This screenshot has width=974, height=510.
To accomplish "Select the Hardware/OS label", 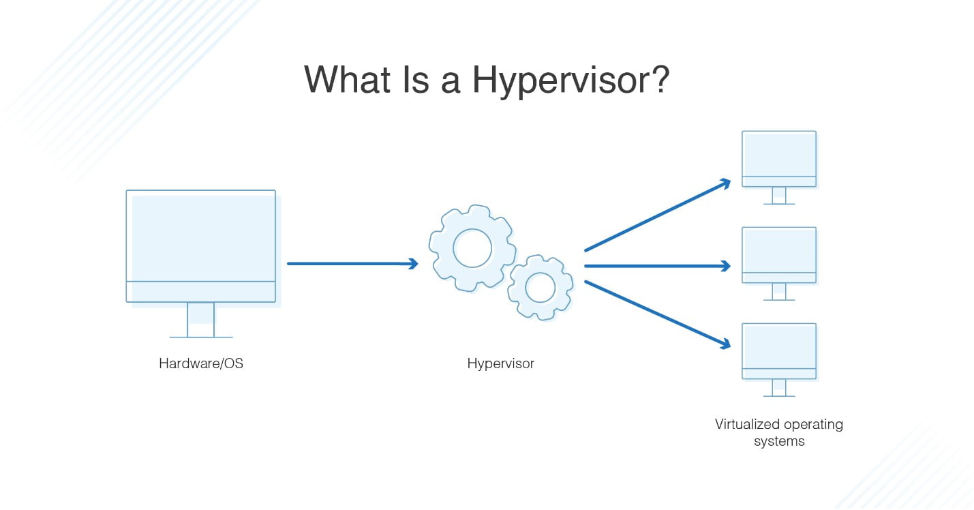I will [x=201, y=363].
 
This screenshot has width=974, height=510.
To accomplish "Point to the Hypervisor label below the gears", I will [x=500, y=363].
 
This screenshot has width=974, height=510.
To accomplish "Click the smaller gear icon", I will [x=541, y=287].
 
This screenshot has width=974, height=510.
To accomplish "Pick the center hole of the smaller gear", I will [x=541, y=287].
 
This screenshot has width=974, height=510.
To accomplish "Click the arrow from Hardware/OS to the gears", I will [x=352, y=263].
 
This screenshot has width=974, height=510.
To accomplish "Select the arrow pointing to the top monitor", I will [x=657, y=215].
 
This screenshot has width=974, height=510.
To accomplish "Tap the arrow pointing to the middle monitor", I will [x=657, y=267].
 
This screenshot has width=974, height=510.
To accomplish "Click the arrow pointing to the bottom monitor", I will [x=657, y=314].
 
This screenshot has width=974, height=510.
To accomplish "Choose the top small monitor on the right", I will [x=778, y=160].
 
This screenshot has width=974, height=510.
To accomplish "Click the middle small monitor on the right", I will [x=778, y=256].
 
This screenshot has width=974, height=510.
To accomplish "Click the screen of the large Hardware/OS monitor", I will [x=201, y=236].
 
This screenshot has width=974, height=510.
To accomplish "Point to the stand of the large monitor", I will [x=201, y=320].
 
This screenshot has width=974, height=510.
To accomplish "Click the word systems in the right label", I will [x=778, y=441].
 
